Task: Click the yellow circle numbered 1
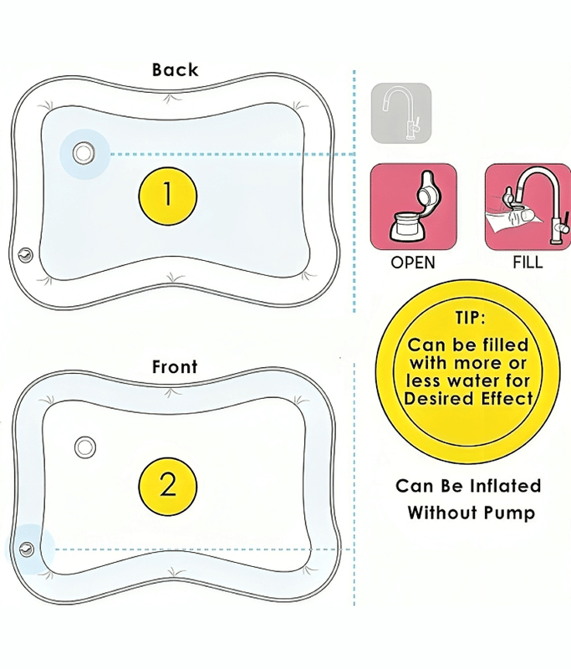coord(167,195)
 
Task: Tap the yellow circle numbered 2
coord(167,484)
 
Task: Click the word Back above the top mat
coord(175,69)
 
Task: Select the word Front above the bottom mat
coord(175,366)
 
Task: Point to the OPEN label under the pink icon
coord(413,263)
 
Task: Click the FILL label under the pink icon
coord(528,263)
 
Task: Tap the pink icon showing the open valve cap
coord(414,206)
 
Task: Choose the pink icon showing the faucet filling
coord(528,206)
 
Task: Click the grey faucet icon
coord(401,113)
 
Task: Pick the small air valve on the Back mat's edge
coord(24,254)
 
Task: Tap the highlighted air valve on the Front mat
coord(27,549)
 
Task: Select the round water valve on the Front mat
coord(84,447)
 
